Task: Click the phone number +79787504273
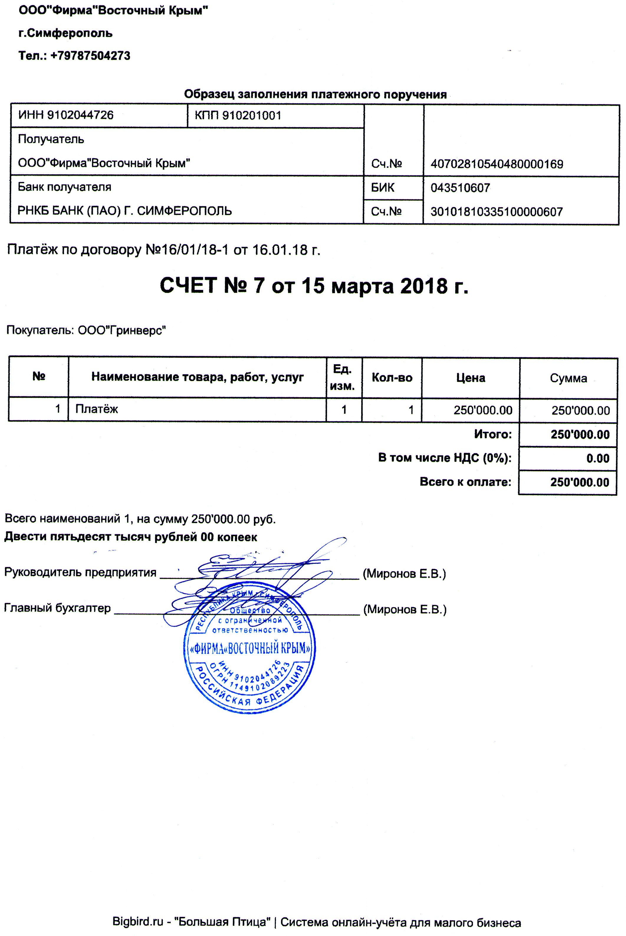tap(90, 55)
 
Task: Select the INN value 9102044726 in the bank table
tap(80, 115)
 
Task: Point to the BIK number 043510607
tap(460, 188)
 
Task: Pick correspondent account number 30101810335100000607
tap(496, 212)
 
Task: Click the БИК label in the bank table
tap(382, 188)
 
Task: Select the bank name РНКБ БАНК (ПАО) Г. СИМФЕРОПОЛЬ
tap(124, 211)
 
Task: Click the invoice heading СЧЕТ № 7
tap(212, 286)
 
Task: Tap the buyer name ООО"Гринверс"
tap(122, 331)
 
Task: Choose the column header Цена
tap(471, 378)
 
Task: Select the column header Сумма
tap(568, 378)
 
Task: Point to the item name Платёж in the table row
tap(97, 409)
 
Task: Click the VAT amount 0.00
tap(598, 459)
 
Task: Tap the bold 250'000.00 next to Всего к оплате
tap(580, 482)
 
